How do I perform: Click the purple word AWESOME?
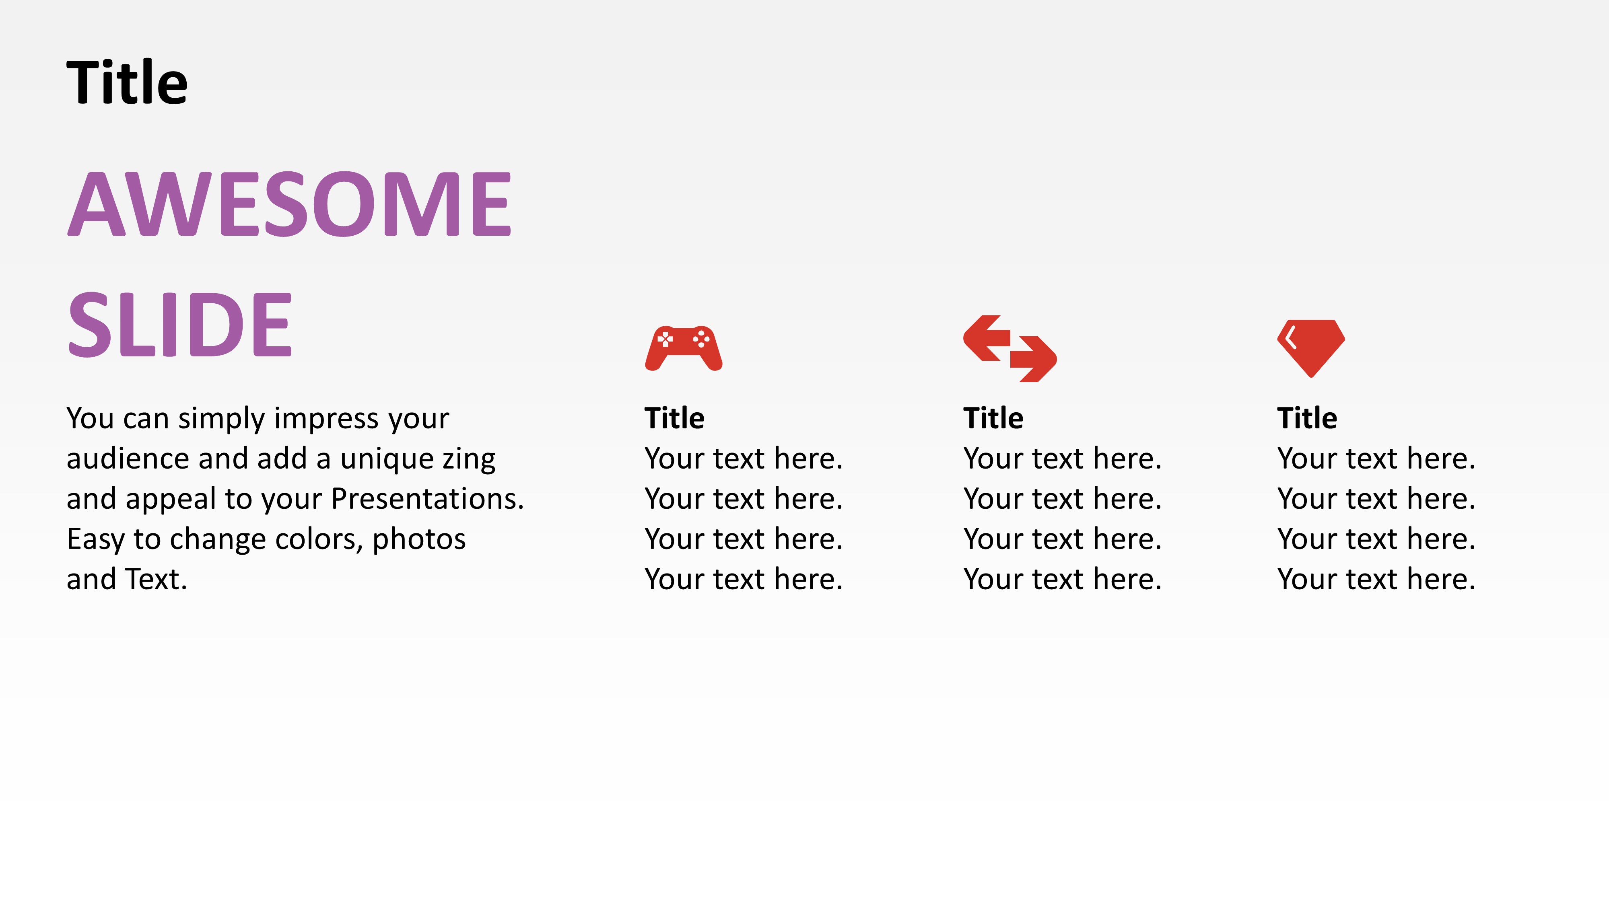pos(289,205)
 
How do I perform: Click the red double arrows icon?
pos(1009,348)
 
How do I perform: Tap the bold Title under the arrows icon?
pos(993,418)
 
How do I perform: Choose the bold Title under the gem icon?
pos(1307,418)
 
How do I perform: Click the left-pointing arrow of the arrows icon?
pos(987,338)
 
